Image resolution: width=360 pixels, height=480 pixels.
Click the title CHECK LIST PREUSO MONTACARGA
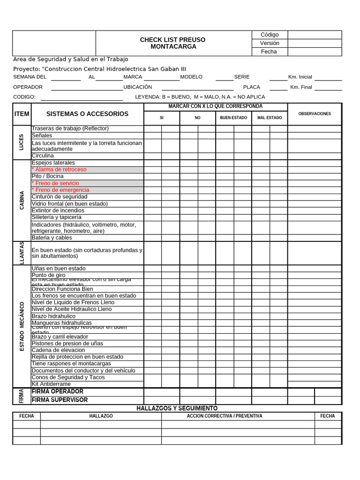coord(172,43)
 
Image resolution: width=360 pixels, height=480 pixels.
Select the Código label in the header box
coord(270,35)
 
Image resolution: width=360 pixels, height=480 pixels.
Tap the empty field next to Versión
coord(314,43)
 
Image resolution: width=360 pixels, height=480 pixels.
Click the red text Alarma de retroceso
coord(60,170)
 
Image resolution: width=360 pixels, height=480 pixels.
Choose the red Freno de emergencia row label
coord(62,190)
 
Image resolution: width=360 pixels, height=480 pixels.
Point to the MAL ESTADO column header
coord(270,118)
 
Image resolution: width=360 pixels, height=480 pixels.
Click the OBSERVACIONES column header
coord(315,114)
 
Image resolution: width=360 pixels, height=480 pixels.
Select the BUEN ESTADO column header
coord(233,118)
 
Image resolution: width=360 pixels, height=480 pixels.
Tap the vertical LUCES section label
coord(22,142)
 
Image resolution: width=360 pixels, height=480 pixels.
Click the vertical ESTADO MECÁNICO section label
coord(22,326)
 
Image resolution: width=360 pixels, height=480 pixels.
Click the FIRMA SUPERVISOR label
coord(60,400)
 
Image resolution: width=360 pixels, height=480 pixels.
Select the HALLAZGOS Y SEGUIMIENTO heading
coord(177,409)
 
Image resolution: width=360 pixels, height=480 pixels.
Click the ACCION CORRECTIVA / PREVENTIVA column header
coord(225,416)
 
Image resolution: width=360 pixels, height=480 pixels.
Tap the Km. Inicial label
coord(300,77)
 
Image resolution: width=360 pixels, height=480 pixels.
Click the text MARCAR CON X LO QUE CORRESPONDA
coord(215,106)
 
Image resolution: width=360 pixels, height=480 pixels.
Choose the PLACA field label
coord(251,87)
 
